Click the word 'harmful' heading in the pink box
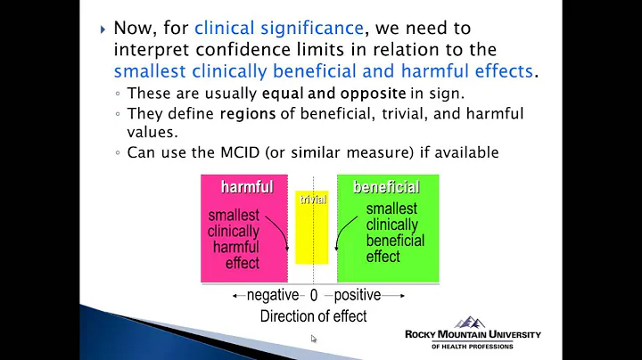point(247,187)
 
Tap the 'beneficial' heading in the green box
point(386,187)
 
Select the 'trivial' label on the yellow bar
point(312,200)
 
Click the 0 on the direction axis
point(313,296)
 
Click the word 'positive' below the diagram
point(357,295)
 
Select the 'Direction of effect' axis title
point(313,315)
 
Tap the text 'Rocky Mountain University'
point(473,335)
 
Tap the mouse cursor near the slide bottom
point(314,339)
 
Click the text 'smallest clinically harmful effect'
point(235,239)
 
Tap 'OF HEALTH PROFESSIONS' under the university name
point(473,347)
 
